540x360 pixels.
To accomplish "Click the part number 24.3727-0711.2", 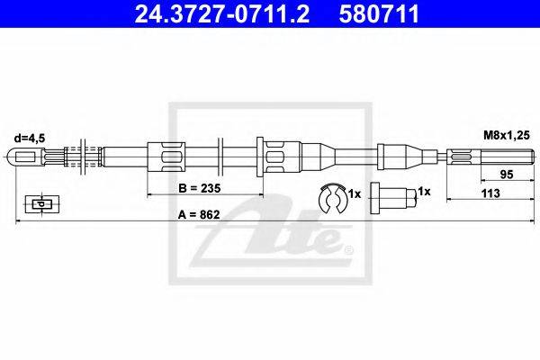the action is (221, 13).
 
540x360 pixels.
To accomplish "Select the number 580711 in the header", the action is (379, 13).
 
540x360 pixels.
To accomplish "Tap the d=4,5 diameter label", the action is (30, 138).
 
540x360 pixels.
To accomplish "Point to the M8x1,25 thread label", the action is (506, 135).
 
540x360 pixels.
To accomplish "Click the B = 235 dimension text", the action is (200, 188).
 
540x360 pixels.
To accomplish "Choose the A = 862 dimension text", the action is (199, 214).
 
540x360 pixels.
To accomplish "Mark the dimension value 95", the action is (507, 175).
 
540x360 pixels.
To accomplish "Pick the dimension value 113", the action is (490, 193).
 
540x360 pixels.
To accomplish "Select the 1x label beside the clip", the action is (354, 194).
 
